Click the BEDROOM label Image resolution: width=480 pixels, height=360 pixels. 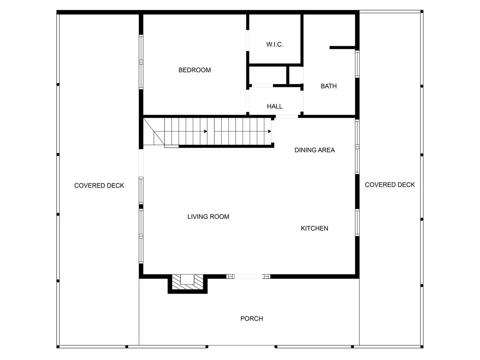(x=194, y=70)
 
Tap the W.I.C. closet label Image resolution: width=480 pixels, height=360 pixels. (x=274, y=45)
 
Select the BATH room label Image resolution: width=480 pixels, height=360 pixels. (x=328, y=86)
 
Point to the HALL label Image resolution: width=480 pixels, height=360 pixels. (x=274, y=106)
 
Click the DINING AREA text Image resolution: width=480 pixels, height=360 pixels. (x=315, y=150)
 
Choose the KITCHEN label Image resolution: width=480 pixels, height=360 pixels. (x=314, y=228)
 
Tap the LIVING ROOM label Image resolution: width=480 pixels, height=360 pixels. (x=208, y=217)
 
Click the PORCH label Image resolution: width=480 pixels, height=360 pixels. (x=252, y=319)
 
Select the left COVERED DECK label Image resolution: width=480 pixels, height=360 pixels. (x=99, y=186)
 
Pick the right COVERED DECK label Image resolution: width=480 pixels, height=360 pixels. (x=390, y=185)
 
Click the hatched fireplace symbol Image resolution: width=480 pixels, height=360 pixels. (x=187, y=282)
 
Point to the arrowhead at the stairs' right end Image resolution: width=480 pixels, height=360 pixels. (x=270, y=131)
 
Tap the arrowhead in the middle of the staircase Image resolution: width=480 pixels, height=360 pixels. (x=205, y=131)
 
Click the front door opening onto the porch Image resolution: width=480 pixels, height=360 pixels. (x=248, y=276)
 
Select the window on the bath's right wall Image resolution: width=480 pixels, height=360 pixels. (x=357, y=64)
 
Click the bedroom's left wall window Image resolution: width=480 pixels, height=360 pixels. (x=141, y=62)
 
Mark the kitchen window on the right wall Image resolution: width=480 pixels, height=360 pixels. (x=357, y=223)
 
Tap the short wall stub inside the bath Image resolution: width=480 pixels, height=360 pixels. (x=342, y=48)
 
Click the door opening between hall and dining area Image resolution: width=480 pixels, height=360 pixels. (x=287, y=117)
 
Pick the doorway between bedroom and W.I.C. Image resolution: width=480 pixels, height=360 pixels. (x=247, y=40)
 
